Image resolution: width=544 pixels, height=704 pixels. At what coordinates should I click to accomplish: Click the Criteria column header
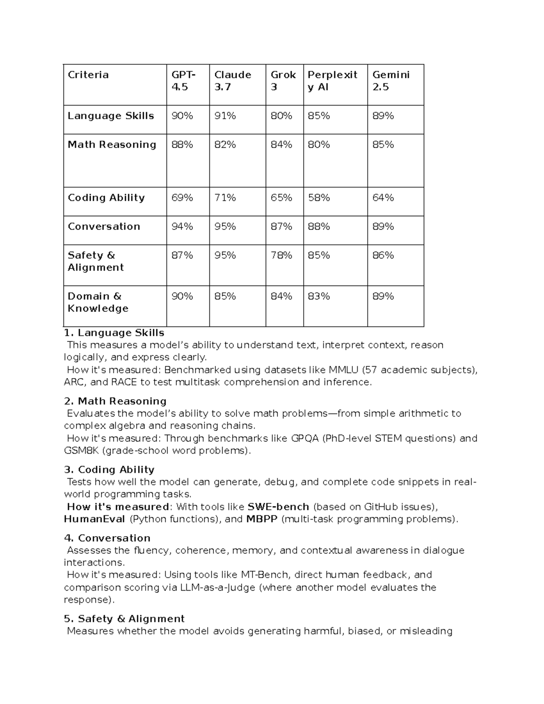pyautogui.click(x=88, y=75)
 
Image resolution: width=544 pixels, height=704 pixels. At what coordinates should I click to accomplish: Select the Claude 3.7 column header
pyautogui.click(x=233, y=81)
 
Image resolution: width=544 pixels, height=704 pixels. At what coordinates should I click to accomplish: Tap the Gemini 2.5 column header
pyautogui.click(x=391, y=81)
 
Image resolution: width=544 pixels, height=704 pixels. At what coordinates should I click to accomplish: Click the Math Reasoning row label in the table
pyautogui.click(x=112, y=145)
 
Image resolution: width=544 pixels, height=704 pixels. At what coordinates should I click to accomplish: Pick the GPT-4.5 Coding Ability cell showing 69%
pyautogui.click(x=182, y=198)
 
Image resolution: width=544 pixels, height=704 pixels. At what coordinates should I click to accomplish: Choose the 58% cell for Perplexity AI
pyautogui.click(x=319, y=198)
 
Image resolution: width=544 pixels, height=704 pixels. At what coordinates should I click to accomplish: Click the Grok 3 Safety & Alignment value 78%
pyautogui.click(x=281, y=255)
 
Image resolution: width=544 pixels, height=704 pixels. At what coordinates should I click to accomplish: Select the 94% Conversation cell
pyautogui.click(x=182, y=226)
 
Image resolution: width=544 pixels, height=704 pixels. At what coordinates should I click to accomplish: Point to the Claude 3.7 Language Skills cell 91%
pyautogui.click(x=225, y=116)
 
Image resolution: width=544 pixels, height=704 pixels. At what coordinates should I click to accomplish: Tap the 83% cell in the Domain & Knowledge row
pyautogui.click(x=319, y=296)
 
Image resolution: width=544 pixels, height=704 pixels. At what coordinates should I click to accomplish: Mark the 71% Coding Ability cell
pyautogui.click(x=225, y=198)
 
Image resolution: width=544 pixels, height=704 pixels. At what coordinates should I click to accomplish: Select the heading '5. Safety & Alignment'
pyautogui.click(x=124, y=619)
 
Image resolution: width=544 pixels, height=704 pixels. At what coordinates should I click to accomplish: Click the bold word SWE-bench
pyautogui.click(x=278, y=507)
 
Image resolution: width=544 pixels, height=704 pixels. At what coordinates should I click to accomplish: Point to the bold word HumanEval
pyautogui.click(x=94, y=519)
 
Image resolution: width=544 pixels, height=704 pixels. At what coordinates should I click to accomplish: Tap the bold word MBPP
pyautogui.click(x=262, y=519)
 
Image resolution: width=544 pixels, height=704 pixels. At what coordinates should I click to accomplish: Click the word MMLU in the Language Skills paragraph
pyautogui.click(x=344, y=370)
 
